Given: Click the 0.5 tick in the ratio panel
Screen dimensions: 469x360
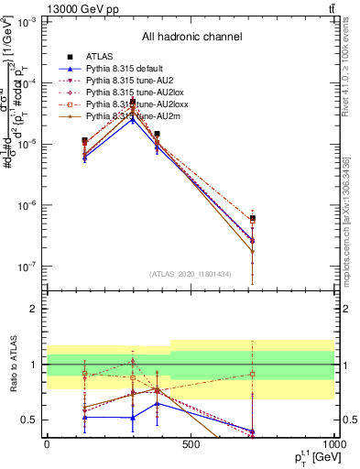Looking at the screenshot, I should tap(31, 420).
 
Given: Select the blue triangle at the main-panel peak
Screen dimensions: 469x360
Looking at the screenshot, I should tap(134, 119).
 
